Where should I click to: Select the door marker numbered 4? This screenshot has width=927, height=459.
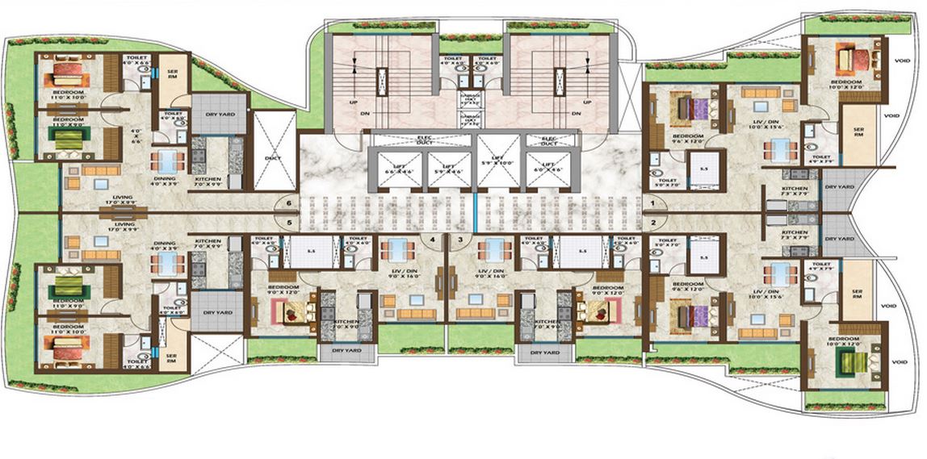[x=433, y=239]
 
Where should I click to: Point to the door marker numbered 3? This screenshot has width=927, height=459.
[x=461, y=239]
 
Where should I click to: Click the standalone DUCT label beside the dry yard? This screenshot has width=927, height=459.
[x=274, y=158]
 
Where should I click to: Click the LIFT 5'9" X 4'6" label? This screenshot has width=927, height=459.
[x=443, y=169]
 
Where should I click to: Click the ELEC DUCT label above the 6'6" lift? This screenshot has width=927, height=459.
[x=397, y=140]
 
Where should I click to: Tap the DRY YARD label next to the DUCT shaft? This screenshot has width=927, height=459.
[x=215, y=115]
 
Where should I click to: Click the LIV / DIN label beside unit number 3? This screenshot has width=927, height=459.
[x=492, y=273]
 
